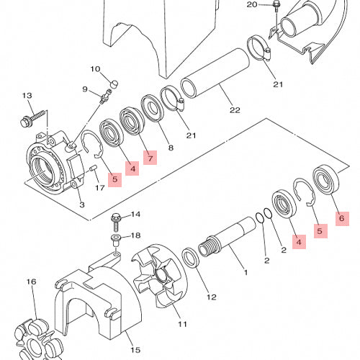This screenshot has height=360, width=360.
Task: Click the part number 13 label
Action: pos(27,96)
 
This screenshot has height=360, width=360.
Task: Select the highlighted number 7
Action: pos(150,158)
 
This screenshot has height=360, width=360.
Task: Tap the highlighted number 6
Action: pos(342,218)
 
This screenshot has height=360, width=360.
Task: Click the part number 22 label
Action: pos(235,110)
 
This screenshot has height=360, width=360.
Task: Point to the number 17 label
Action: pos(100,187)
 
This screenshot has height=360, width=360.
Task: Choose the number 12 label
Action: pos(212,297)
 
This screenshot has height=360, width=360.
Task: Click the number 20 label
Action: pos(252,4)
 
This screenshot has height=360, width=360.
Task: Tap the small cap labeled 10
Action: pos(114,84)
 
